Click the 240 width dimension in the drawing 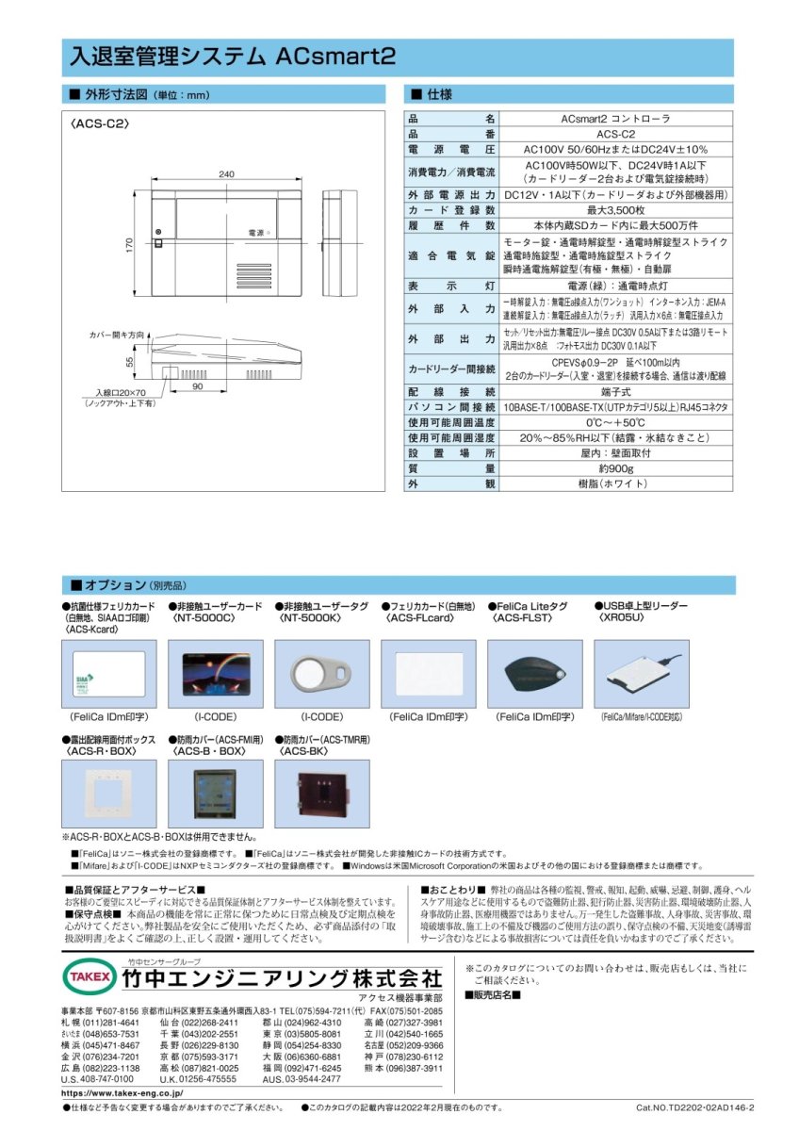pos(226,174)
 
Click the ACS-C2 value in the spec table pos(615,134)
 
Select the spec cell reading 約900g pos(615,467)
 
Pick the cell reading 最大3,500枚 pos(615,209)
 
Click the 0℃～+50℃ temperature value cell pos(615,421)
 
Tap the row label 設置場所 pos(451,452)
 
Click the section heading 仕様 pos(439,95)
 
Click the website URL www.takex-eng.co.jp pos(123,1092)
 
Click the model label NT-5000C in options pos(200,619)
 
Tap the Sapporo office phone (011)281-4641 pos(111,1022)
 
